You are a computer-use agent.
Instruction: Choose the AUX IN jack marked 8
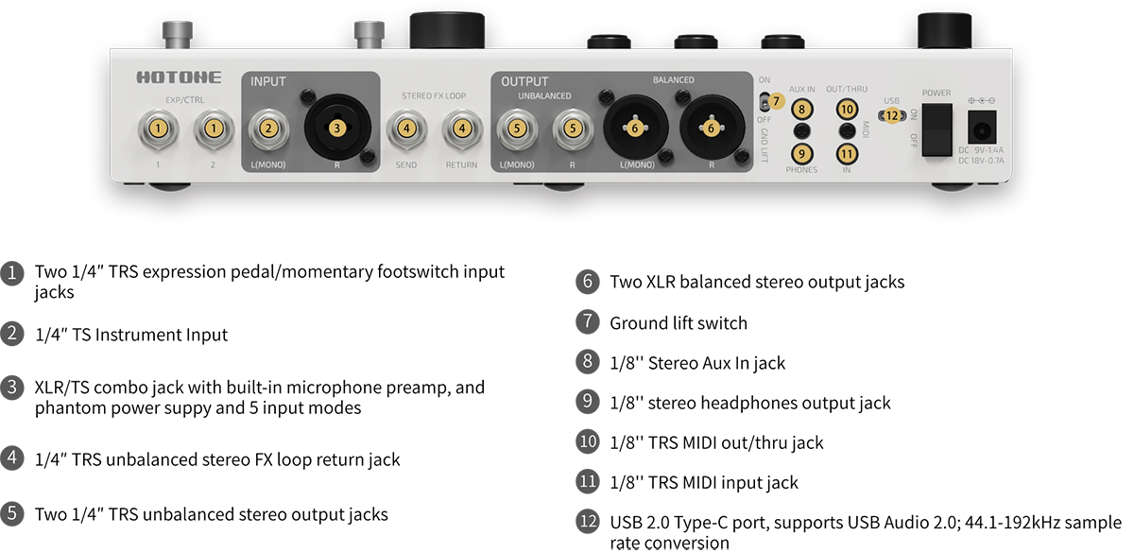click(x=801, y=109)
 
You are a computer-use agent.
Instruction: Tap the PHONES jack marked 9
click(x=801, y=152)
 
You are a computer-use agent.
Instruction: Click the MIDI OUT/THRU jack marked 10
click(x=847, y=109)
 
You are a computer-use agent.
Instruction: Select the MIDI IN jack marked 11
click(x=847, y=152)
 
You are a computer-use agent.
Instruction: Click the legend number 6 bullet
click(x=587, y=282)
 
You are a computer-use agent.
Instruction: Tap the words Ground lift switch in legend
click(x=678, y=322)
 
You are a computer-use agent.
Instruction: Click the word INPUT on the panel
click(x=267, y=82)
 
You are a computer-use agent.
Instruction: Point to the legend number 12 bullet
click(x=587, y=522)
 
